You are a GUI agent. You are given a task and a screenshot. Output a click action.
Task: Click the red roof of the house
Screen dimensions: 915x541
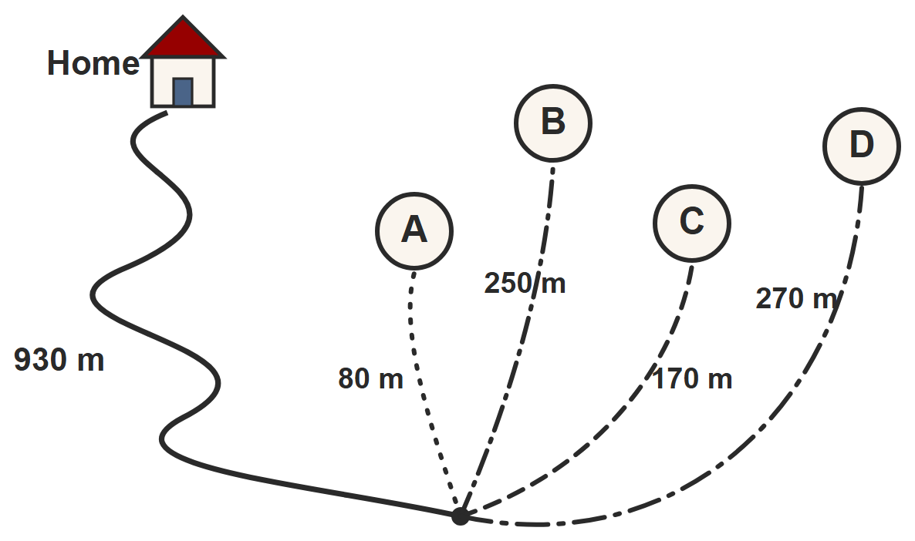click(x=184, y=39)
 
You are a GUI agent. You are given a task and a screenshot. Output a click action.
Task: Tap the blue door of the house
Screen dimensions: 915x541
click(x=183, y=92)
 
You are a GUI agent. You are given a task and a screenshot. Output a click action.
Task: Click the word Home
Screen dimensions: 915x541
click(x=93, y=63)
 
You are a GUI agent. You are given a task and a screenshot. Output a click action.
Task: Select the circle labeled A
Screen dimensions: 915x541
click(x=414, y=231)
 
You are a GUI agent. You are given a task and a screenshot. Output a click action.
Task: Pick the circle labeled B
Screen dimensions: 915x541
click(x=553, y=123)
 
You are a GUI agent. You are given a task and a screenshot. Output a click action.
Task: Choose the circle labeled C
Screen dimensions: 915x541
click(x=692, y=223)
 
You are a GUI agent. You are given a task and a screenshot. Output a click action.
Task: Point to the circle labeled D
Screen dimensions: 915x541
click(x=862, y=146)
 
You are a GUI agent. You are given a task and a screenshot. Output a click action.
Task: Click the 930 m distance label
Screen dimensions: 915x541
click(x=59, y=360)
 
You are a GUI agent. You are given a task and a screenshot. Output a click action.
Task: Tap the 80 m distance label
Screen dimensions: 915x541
click(x=370, y=378)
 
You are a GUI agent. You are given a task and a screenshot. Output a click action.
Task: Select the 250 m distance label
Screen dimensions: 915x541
click(x=525, y=284)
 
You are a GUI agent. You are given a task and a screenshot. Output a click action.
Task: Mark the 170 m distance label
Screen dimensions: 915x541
click(x=692, y=379)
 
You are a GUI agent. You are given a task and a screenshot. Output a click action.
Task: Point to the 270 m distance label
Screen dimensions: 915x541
click(x=798, y=298)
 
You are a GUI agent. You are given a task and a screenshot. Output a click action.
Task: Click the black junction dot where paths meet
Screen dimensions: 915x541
click(x=461, y=516)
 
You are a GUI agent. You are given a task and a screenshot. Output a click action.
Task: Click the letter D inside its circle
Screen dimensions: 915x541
click(x=862, y=145)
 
